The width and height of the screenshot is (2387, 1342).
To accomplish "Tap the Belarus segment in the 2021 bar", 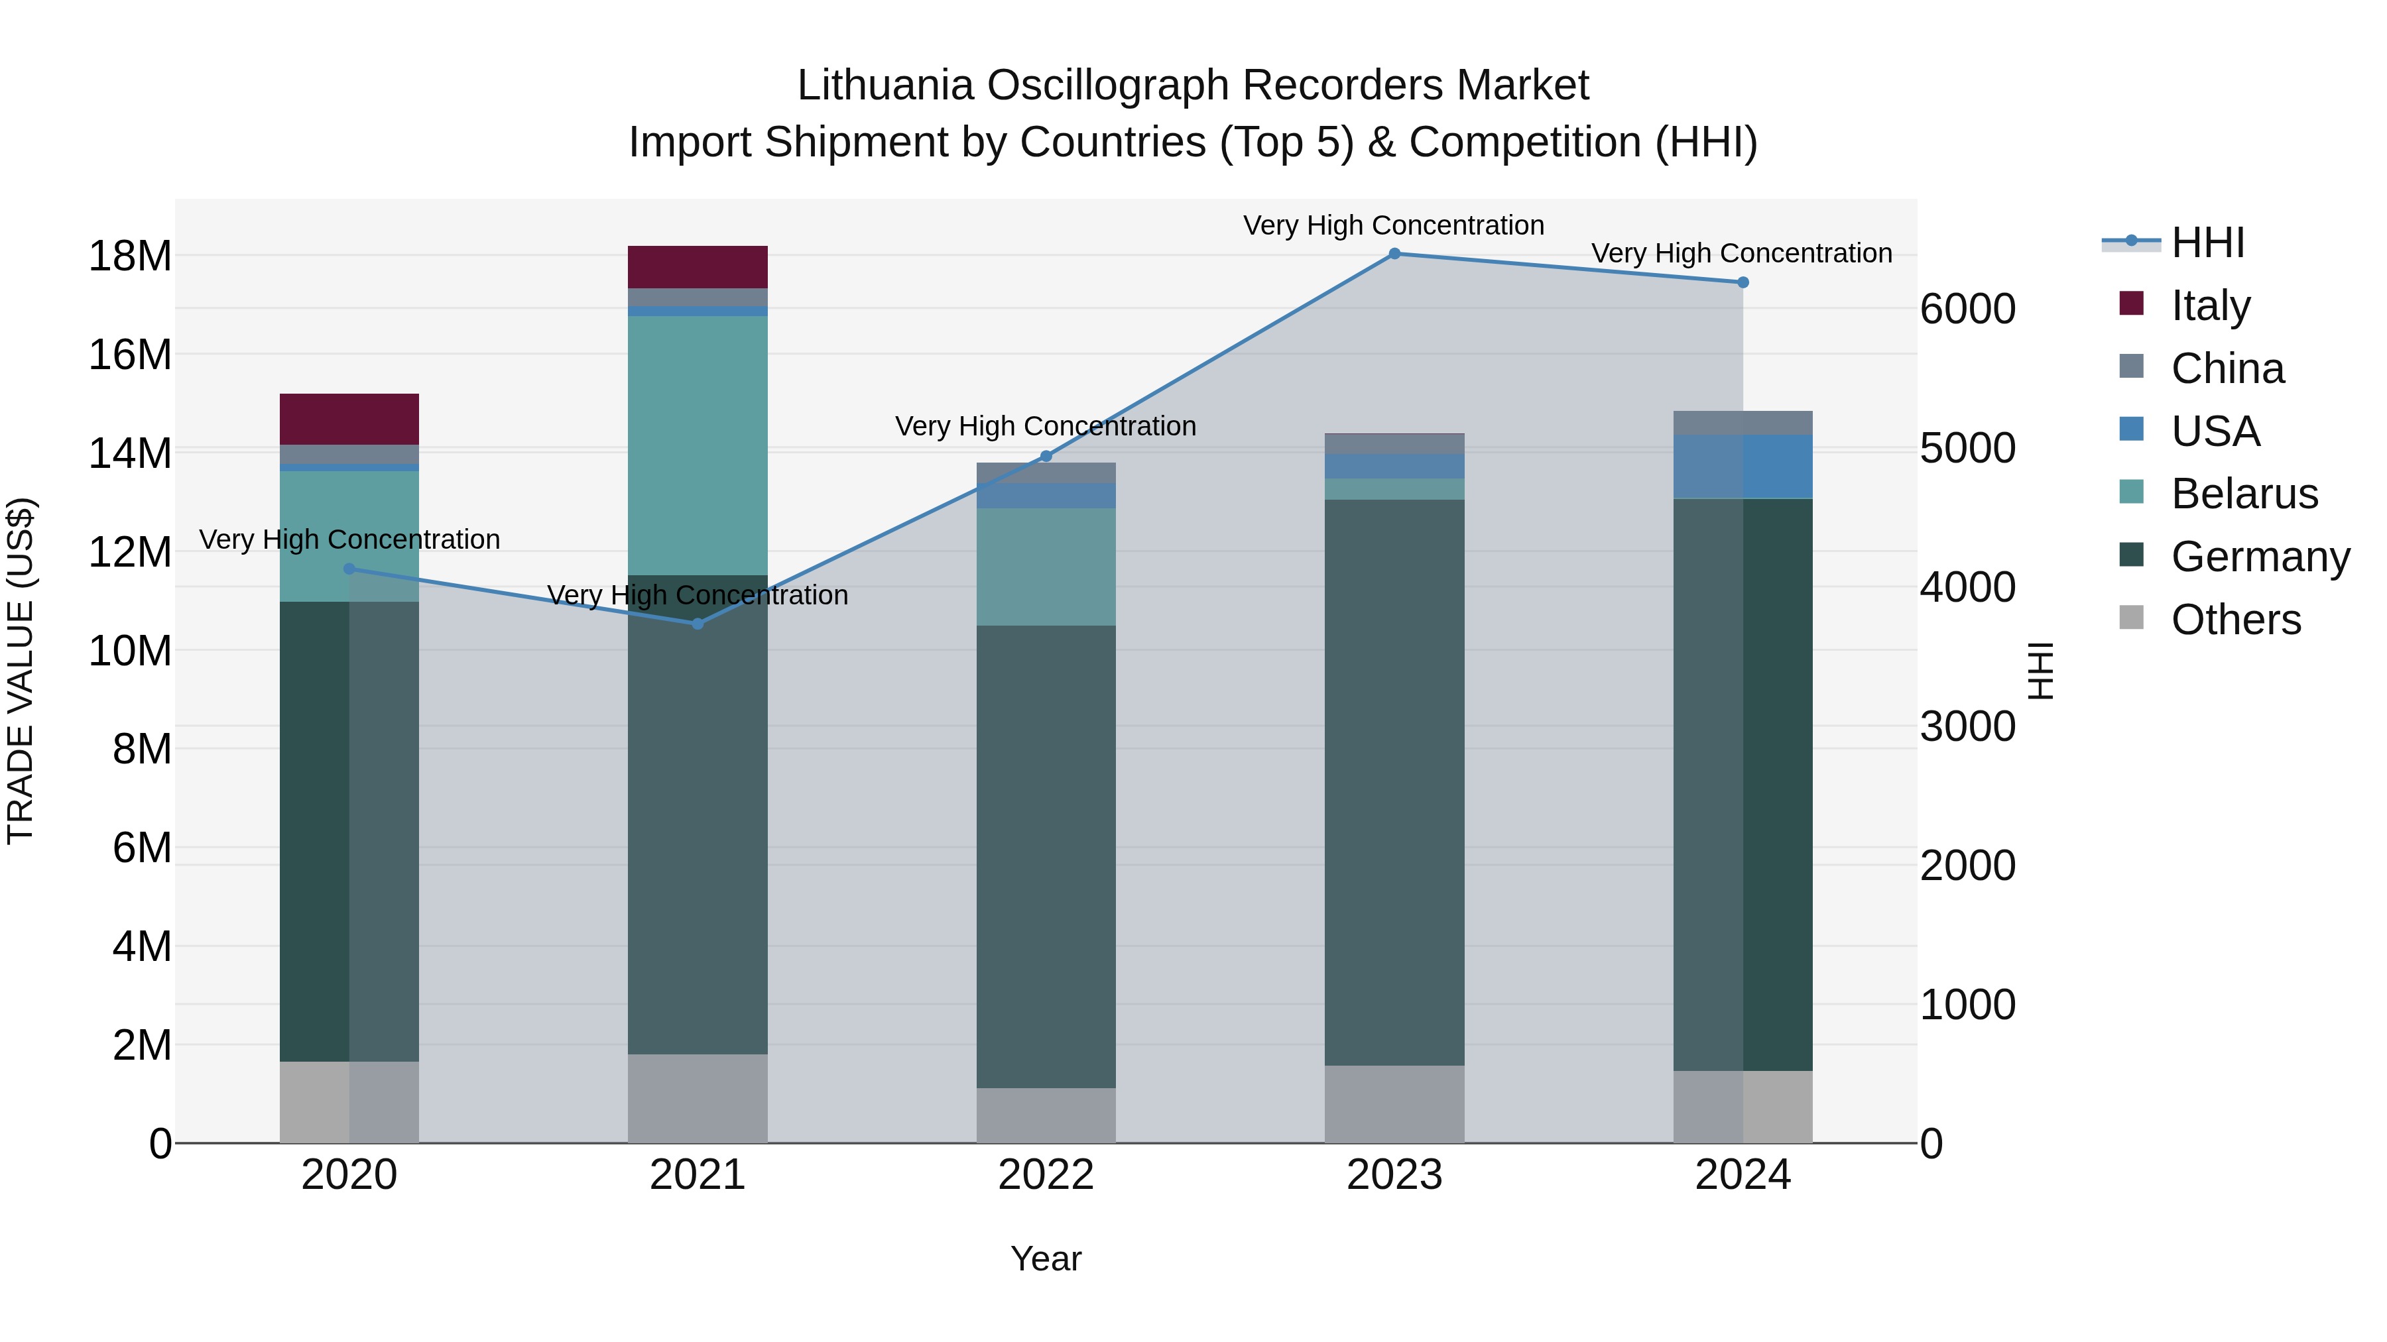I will coord(697,445).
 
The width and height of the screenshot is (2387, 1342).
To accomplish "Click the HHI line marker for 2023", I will coord(1394,254).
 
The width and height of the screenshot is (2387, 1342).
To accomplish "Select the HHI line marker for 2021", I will coord(698,624).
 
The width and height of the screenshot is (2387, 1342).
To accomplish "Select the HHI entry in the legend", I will coord(2207,243).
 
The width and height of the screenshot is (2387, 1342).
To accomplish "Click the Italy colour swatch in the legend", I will coord(2131,304).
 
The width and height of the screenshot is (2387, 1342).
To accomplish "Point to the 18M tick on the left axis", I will coord(130,256).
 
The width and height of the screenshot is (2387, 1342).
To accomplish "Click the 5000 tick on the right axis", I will coord(1967,448).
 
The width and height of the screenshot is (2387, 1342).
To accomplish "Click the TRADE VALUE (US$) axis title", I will coord(21,671).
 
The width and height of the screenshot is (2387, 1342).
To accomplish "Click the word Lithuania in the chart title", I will coord(885,85).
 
